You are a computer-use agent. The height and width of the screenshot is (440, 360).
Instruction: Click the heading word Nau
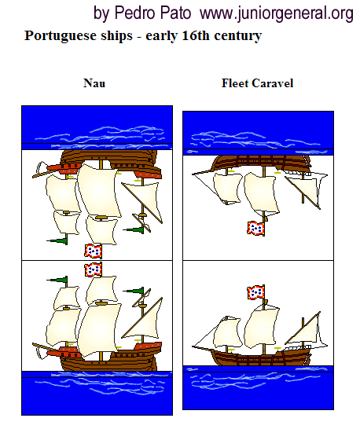coord(94,83)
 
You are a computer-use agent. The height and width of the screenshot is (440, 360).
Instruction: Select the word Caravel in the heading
coord(273,83)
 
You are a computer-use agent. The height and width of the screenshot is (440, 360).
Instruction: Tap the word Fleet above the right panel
coord(235,83)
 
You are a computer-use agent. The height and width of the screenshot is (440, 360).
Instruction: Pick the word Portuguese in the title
coord(79,36)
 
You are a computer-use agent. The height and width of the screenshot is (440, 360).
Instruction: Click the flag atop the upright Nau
coord(94,269)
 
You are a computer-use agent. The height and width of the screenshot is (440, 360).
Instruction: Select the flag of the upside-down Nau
coord(94,251)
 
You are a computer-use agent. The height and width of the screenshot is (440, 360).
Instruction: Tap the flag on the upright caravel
coord(255,292)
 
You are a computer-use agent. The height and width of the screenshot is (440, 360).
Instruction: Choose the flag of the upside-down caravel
coord(255,228)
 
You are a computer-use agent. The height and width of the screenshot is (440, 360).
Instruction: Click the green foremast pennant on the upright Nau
coord(57,280)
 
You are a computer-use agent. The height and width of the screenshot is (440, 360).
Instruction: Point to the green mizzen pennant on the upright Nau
coord(134,291)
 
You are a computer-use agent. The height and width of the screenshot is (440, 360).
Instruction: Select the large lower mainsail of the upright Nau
coord(98,330)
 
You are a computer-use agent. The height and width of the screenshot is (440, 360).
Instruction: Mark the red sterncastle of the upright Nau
coord(148,346)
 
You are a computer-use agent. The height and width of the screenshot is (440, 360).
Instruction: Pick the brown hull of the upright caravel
coord(261,357)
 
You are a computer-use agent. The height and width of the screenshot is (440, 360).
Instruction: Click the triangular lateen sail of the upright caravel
coord(305,331)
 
